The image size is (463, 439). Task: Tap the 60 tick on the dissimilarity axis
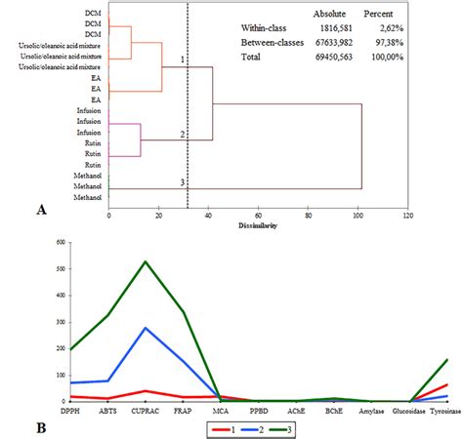258,215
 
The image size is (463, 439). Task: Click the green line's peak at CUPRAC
146,261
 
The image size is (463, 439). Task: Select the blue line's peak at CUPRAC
146,328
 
